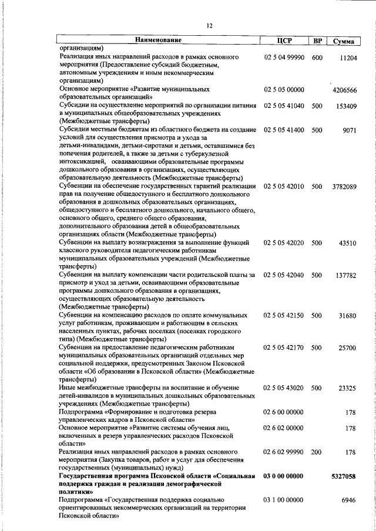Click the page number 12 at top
[209, 25]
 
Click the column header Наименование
[158, 40]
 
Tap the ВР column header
[317, 40]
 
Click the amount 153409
[345, 106]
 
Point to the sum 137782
[345, 275]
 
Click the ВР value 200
[317, 452]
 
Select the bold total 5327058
[343, 476]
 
